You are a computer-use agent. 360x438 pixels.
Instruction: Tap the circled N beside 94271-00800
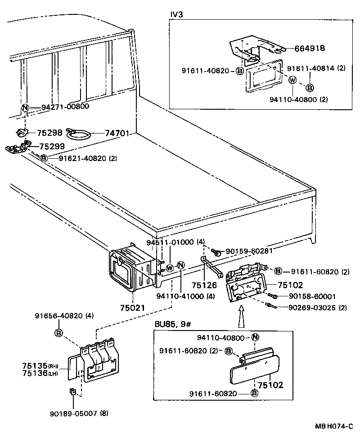coord(25,107)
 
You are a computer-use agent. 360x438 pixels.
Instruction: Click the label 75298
coord(49,133)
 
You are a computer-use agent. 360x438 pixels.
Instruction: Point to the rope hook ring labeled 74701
coord(79,134)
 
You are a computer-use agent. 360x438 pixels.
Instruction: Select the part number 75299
coord(52,146)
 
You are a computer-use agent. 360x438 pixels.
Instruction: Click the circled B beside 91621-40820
coord(44,158)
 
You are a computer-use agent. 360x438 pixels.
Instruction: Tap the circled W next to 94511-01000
coord(170,268)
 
